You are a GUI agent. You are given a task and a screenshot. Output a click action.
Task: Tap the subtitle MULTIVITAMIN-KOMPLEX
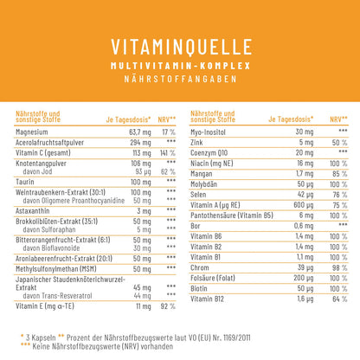pyautogui.click(x=179, y=66)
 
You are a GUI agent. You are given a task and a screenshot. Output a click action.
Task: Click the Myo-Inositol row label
pyautogui.click(x=214, y=131)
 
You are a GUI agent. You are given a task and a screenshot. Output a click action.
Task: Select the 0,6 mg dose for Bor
pyautogui.click(x=299, y=225)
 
